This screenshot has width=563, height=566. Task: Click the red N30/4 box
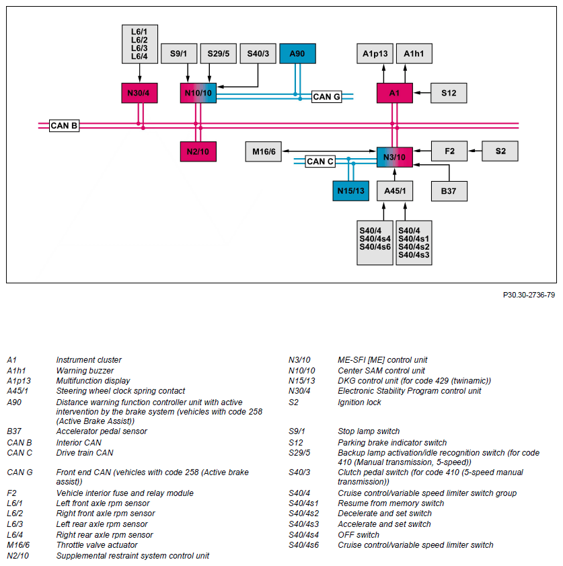pyautogui.click(x=139, y=93)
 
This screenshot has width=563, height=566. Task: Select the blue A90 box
pyautogui.click(x=297, y=53)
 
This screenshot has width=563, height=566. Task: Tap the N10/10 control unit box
pyautogui.click(x=198, y=93)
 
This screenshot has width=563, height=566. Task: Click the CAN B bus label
pyautogui.click(x=65, y=126)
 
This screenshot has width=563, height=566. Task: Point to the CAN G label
pyautogui.click(x=326, y=97)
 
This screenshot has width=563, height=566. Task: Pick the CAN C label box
pyautogui.click(x=320, y=162)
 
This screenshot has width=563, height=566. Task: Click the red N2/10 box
pyautogui.click(x=198, y=152)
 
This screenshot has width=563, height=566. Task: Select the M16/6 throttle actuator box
pyautogui.click(x=264, y=152)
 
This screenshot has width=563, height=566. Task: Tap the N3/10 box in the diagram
pyautogui.click(x=394, y=157)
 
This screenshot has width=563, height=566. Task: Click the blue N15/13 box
pyautogui.click(x=351, y=191)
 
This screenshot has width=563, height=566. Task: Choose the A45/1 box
pyautogui.click(x=394, y=191)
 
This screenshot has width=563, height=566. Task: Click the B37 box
pyautogui.click(x=449, y=191)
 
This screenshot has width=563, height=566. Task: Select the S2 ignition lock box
pyautogui.click(x=500, y=151)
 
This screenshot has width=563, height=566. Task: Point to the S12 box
pyautogui.click(x=449, y=93)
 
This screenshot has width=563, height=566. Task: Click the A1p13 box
pyautogui.click(x=375, y=53)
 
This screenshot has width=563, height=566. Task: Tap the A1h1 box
pyautogui.click(x=414, y=53)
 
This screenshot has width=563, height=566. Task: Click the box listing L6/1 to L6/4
pyautogui.click(x=140, y=44)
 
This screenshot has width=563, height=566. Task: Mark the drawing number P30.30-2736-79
pyautogui.click(x=529, y=295)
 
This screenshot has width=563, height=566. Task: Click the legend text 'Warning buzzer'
pyautogui.click(x=85, y=370)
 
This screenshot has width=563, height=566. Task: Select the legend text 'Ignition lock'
pyautogui.click(x=359, y=402)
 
